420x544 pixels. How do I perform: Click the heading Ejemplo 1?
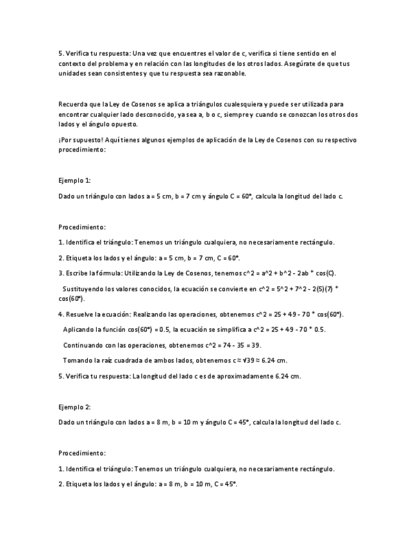pyautogui.click(x=74, y=181)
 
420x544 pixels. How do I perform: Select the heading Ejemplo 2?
pyautogui.click(x=74, y=407)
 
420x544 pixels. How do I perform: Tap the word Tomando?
pyautogui.click(x=77, y=361)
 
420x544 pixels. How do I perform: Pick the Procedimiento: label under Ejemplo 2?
pyautogui.click(x=82, y=453)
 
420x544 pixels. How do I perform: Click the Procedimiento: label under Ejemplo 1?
pyautogui.click(x=82, y=227)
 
